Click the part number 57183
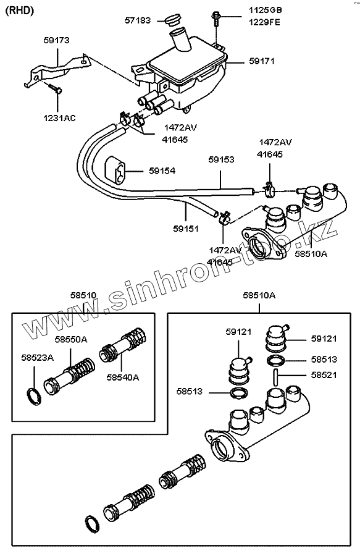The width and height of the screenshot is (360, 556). pos(138,20)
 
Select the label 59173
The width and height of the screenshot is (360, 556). pos(57,40)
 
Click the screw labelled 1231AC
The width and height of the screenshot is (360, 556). pos(54,88)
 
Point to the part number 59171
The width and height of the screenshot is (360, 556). pos(262,61)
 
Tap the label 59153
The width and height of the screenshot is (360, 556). pos(222,159)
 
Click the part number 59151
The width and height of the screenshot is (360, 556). pos(186,229)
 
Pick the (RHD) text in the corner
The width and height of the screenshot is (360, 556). pos(20,11)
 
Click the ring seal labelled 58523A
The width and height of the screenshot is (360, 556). pos(34,397)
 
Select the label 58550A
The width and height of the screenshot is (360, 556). pos(71,340)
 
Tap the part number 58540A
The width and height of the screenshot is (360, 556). pos(123,377)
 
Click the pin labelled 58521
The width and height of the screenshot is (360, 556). pos(275,377)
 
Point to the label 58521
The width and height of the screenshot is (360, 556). pos(324,375)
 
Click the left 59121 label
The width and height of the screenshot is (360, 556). pos(238,332)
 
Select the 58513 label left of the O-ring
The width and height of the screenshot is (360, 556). pos(190,391)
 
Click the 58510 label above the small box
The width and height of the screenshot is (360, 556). pos(83,295)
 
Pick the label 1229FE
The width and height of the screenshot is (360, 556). pos(264,22)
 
